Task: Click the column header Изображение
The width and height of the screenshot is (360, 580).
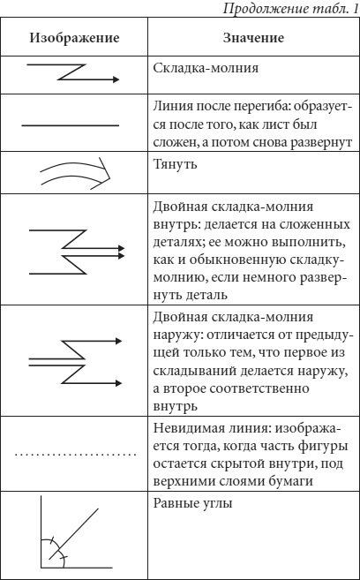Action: (75, 38)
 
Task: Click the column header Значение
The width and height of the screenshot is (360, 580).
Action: (253, 38)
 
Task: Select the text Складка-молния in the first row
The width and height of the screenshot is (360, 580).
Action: (206, 69)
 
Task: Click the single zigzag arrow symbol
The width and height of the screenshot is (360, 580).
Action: (72, 72)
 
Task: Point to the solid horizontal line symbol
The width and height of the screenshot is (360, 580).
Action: (71, 125)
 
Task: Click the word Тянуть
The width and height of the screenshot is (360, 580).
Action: (176, 164)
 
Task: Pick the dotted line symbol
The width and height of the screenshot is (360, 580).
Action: (76, 454)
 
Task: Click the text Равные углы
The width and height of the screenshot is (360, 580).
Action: (192, 504)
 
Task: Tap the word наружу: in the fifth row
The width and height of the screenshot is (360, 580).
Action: (177, 335)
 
